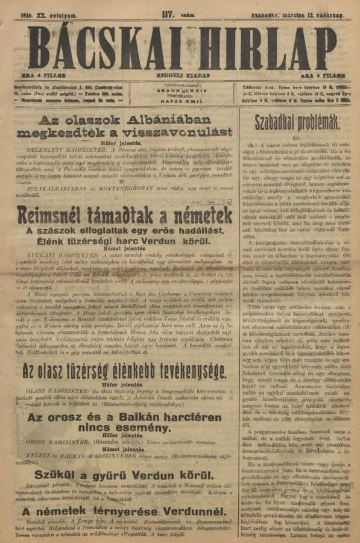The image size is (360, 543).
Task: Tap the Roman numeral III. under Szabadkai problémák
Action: [299, 137]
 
